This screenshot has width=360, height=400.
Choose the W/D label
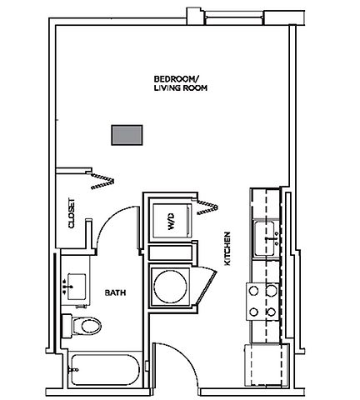click(x=170, y=222)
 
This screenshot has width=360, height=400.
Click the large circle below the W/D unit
click(x=170, y=285)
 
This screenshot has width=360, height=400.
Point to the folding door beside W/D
click(x=208, y=208)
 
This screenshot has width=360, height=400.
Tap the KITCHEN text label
click(x=227, y=250)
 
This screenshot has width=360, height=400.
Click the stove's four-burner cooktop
click(x=260, y=301)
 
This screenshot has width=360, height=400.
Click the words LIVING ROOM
click(x=181, y=87)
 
